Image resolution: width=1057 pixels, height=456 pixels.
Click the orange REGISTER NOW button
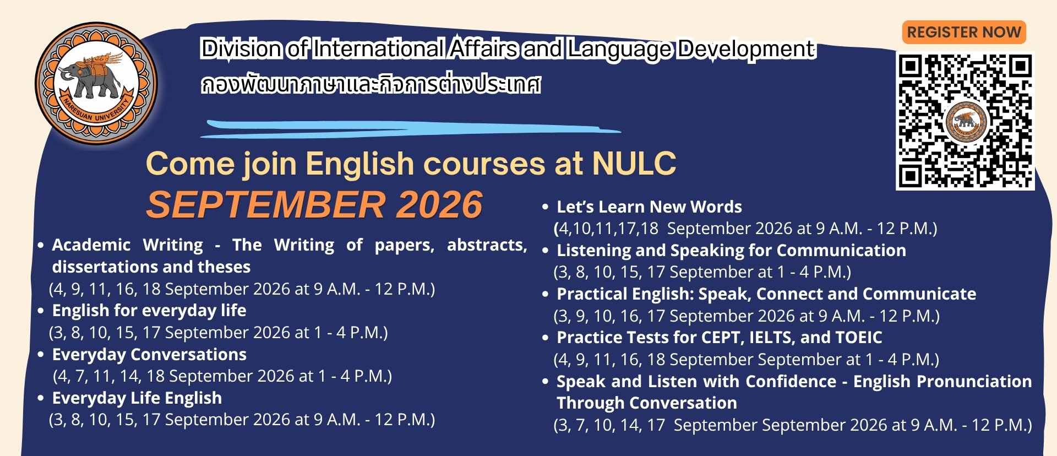click(964, 32)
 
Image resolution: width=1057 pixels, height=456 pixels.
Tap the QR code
click(965, 121)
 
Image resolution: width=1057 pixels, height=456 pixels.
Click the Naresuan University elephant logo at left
click(96, 83)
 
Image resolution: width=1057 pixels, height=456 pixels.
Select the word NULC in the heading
click(634, 164)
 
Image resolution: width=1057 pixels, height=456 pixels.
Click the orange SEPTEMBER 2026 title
click(314, 204)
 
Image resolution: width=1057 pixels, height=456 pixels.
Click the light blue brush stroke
click(410, 129)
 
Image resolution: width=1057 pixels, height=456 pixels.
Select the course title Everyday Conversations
click(149, 354)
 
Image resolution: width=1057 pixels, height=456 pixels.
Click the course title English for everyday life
click(149, 311)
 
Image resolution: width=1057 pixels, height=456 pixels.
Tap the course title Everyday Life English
click(137, 398)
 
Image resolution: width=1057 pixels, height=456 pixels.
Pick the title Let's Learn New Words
click(650, 207)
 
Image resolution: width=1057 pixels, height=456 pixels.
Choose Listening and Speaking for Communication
click(732, 250)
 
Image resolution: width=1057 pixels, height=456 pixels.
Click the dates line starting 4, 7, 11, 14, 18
click(223, 376)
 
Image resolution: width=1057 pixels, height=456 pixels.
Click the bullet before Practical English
click(546, 295)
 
